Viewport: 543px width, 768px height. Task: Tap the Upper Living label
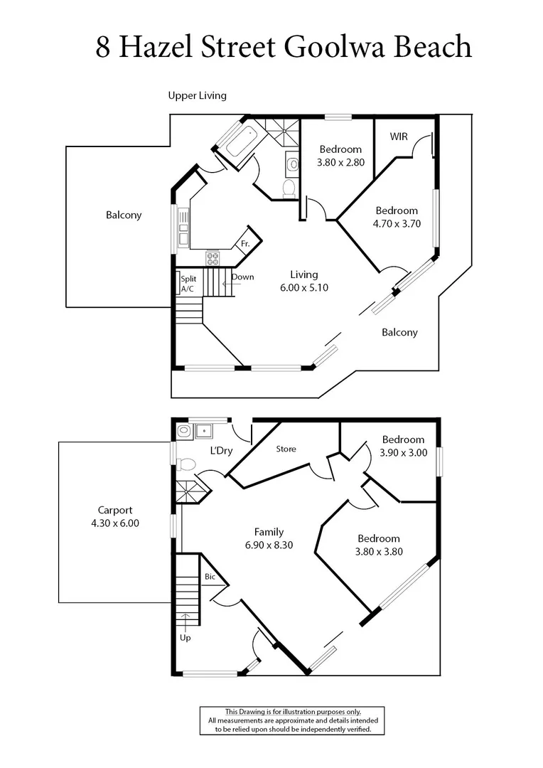click(197, 95)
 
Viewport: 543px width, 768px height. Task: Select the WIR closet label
click(399, 136)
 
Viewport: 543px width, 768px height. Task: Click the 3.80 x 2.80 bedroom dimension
click(340, 162)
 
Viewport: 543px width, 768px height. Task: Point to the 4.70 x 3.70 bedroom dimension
click(397, 223)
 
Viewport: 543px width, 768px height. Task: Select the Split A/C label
click(188, 284)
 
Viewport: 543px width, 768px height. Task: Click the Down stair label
click(242, 277)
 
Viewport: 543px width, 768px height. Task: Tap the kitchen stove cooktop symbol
click(213, 258)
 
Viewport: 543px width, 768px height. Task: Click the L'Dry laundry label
click(220, 451)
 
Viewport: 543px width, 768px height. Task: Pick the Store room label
click(286, 449)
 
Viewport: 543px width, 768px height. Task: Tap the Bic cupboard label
click(210, 577)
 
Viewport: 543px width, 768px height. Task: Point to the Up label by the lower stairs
click(185, 637)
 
